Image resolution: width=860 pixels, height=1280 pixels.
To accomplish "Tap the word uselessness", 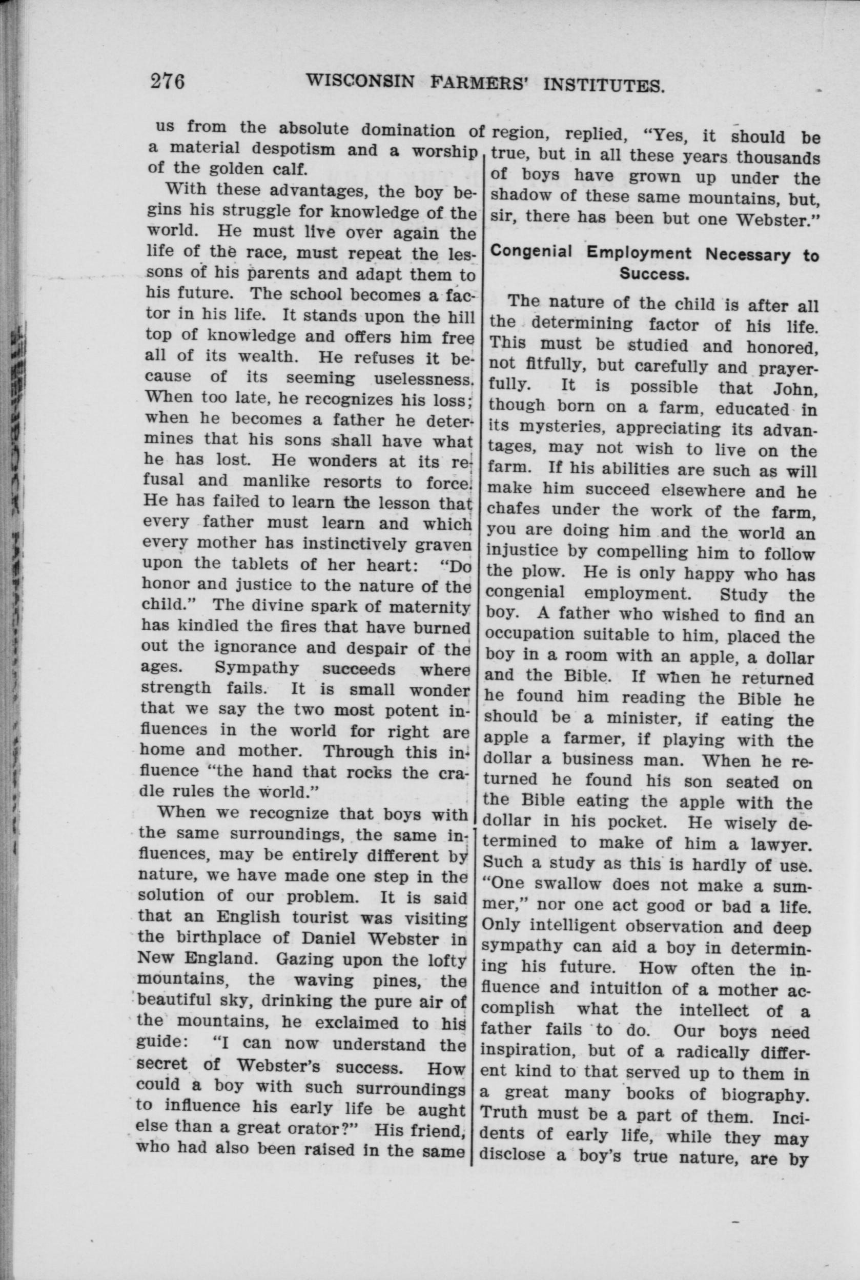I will [423, 378].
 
